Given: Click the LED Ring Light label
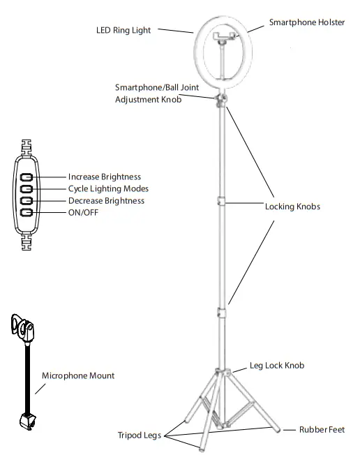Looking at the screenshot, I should tap(123, 31).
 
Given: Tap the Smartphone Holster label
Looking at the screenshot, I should tap(306, 23).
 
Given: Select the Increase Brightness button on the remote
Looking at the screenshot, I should tap(27, 177).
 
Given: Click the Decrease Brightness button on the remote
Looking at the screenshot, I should tap(27, 201).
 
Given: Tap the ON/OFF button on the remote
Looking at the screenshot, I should tap(27, 212).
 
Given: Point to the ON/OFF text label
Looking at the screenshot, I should tap(83, 212).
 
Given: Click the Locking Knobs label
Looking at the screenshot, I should tap(293, 207).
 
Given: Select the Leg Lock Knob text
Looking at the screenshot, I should tap(277, 366).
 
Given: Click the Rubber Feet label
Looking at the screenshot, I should tap(322, 430).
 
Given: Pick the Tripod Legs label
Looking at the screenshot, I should tap(139, 435).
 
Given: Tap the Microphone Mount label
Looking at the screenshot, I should tap(78, 375).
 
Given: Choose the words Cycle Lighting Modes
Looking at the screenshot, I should tap(108, 189).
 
